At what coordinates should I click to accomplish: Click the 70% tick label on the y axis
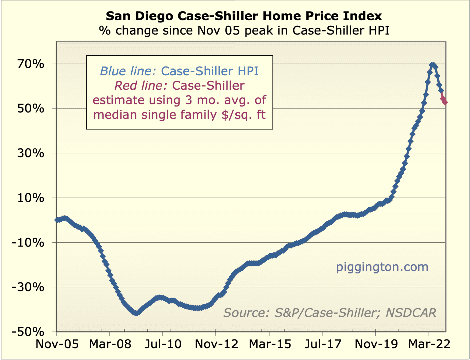click(31, 64)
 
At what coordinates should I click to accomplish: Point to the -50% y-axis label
click(28, 332)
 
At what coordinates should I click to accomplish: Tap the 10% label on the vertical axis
click(31, 198)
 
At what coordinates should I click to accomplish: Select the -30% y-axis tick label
click(28, 287)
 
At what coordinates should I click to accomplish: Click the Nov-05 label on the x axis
click(57, 344)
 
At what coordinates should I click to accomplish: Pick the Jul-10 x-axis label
click(163, 344)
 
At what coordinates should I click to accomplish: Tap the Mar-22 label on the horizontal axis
click(429, 344)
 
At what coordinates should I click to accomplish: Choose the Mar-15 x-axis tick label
click(270, 344)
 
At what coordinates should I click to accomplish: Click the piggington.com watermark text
click(382, 267)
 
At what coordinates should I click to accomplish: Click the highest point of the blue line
click(433, 64)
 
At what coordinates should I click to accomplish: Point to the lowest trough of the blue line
click(136, 313)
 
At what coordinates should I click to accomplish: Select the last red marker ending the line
click(445, 102)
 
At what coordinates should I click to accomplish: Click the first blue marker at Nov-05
click(57, 220)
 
